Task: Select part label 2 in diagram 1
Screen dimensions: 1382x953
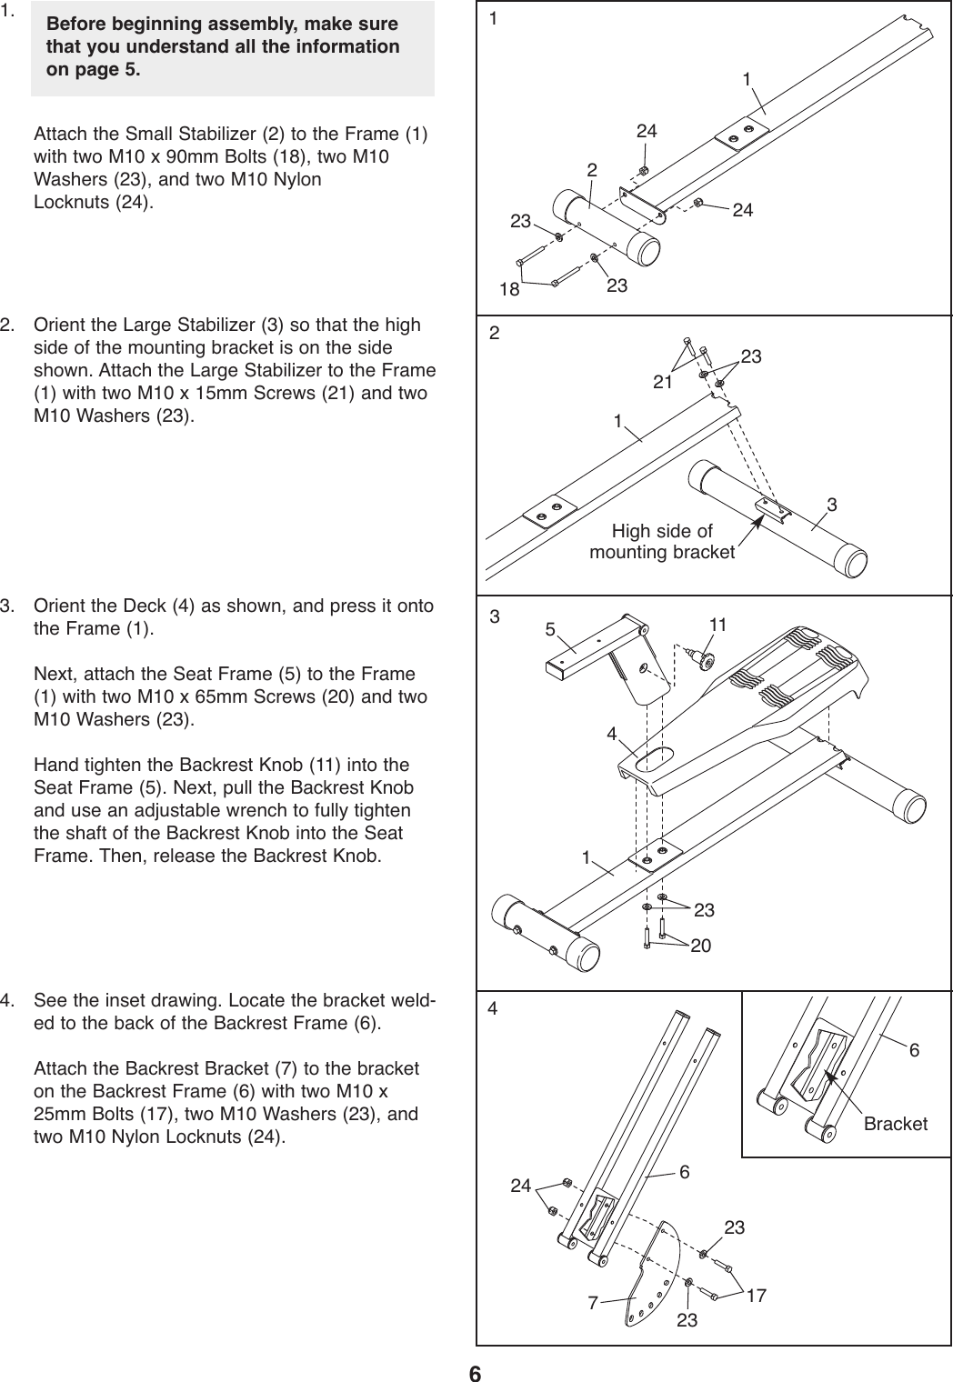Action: (x=592, y=171)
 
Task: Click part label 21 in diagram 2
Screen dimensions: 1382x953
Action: (x=662, y=382)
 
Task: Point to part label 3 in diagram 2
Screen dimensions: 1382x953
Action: (x=832, y=504)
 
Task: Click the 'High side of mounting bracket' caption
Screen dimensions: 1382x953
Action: (x=662, y=542)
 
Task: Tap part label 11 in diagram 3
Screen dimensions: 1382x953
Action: (x=718, y=625)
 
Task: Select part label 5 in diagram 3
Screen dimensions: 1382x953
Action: (x=549, y=628)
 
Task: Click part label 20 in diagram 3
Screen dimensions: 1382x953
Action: (x=700, y=946)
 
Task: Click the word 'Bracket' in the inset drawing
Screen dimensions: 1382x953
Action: (x=896, y=1124)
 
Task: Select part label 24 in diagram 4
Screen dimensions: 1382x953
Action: (x=520, y=1186)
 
